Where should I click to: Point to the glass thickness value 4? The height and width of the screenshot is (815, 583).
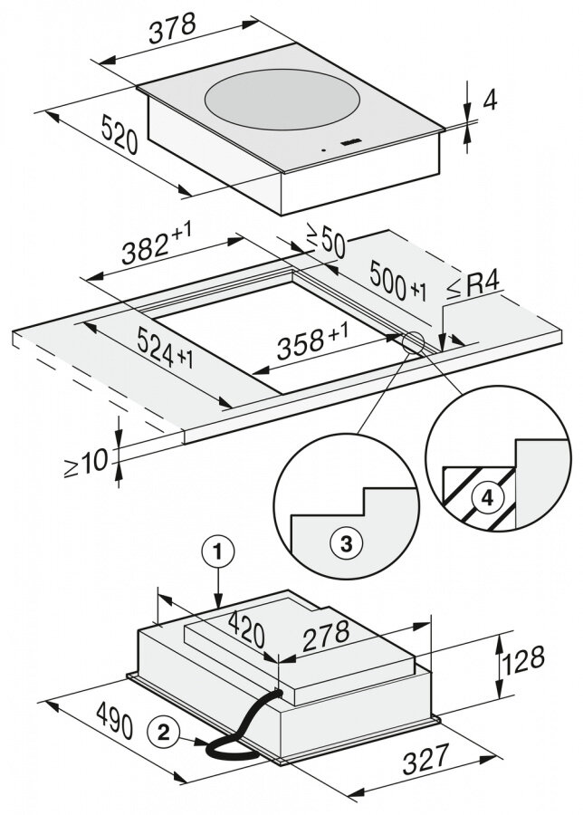pos(490,99)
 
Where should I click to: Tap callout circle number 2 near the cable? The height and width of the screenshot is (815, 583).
pos(164,730)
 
